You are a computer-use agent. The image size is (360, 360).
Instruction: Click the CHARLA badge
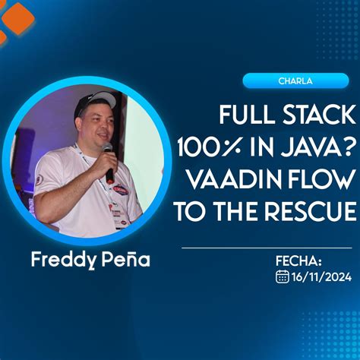coord(298,81)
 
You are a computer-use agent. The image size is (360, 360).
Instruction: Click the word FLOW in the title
coord(324,181)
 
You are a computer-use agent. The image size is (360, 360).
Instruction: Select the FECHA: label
coord(298,261)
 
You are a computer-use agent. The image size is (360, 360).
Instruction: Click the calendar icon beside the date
coord(282,276)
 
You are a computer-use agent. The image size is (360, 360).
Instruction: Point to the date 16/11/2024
coord(321,277)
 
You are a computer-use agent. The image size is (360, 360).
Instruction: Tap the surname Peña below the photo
coord(124,260)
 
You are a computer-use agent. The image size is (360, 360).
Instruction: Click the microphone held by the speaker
coord(108,160)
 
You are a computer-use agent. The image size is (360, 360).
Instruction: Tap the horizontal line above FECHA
coord(267,248)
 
